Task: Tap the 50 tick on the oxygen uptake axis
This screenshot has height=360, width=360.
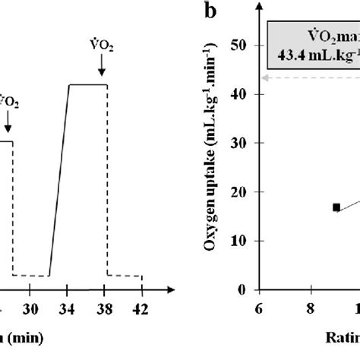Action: [245, 45]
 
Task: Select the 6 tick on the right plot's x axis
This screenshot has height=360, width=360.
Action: [259, 308]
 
